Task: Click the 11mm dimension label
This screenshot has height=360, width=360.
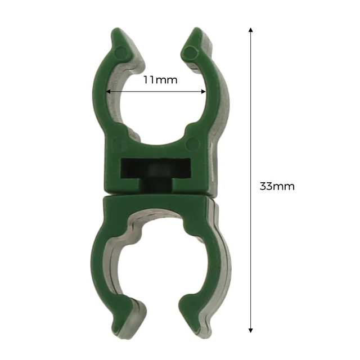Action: pos(160,80)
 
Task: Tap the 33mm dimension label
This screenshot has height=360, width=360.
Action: pos(277,186)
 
